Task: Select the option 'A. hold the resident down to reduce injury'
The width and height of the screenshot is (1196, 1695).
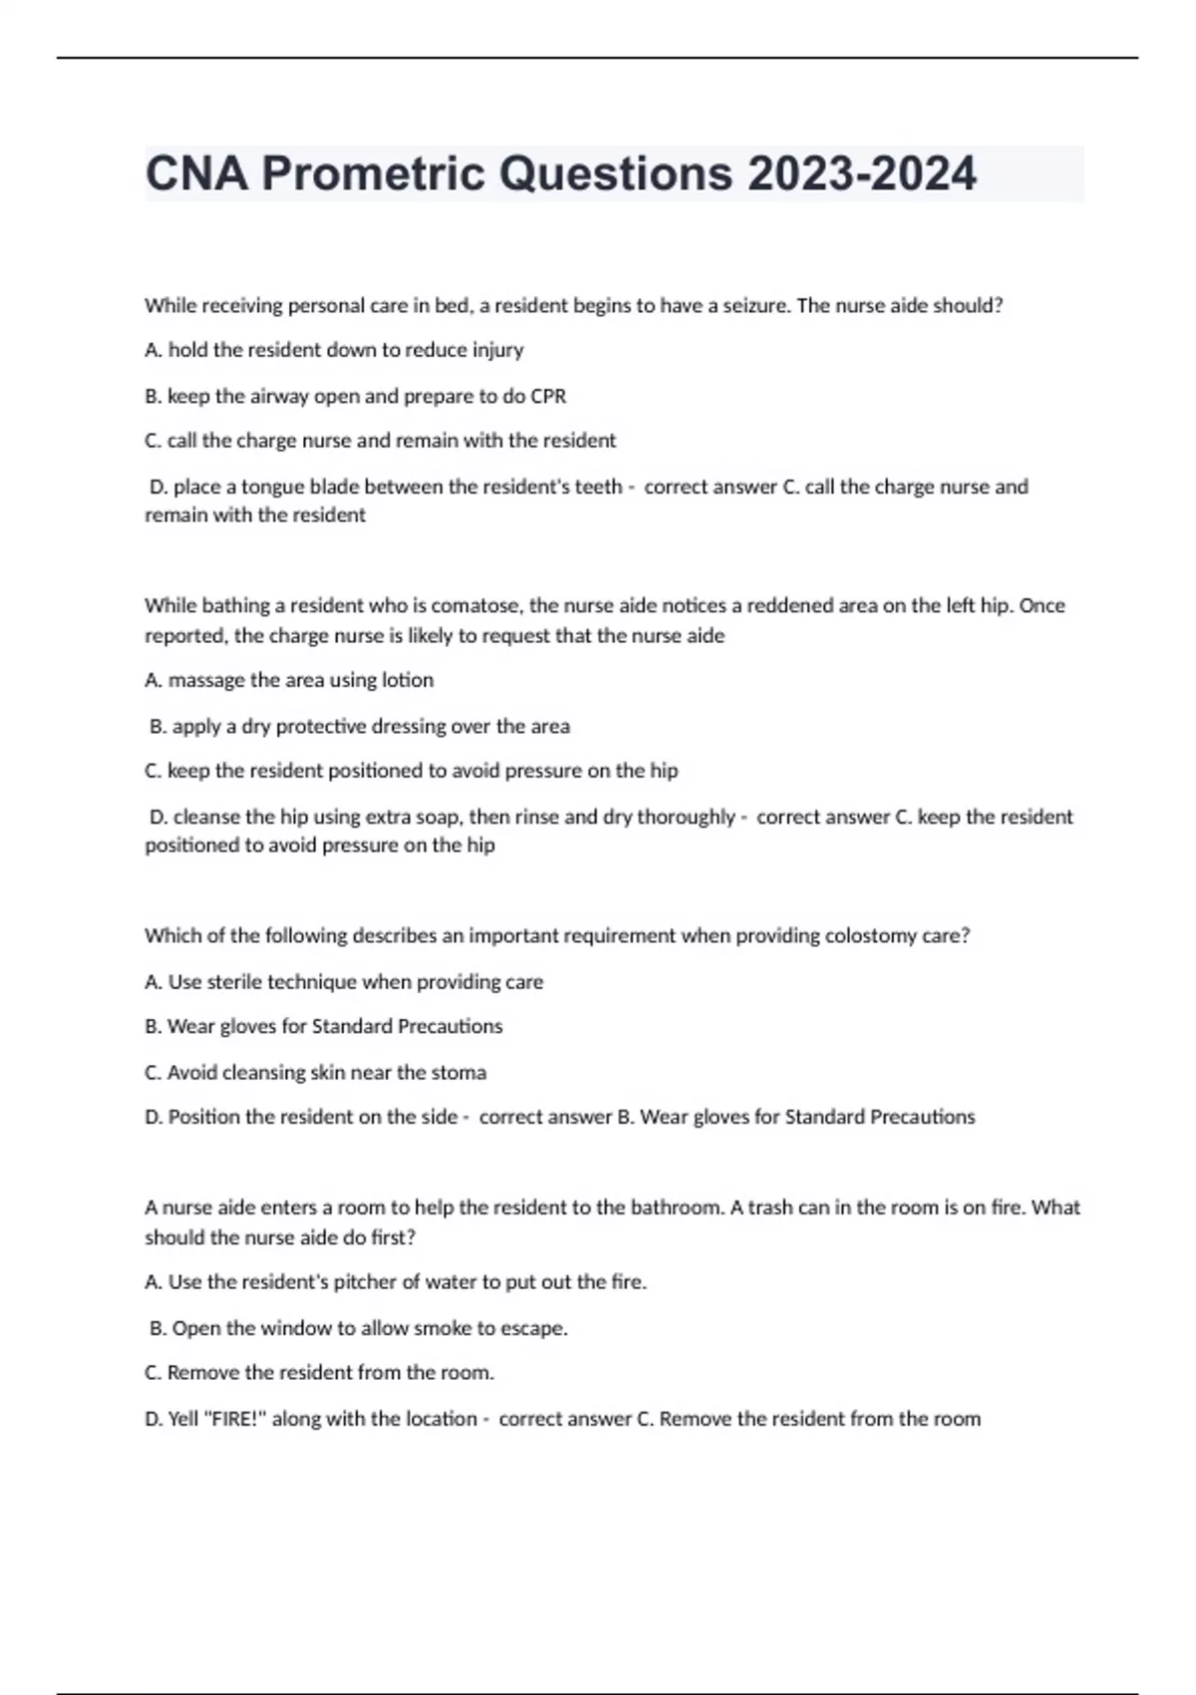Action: point(334,350)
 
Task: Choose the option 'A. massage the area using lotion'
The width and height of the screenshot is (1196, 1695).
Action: point(289,680)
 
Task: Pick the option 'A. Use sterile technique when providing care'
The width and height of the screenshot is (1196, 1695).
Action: point(344,982)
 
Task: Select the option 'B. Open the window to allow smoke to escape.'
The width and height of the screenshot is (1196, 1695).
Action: point(358,1328)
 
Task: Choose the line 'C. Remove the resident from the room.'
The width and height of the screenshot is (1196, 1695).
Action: point(319,1373)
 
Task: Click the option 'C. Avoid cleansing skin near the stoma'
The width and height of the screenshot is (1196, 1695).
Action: point(315,1073)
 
